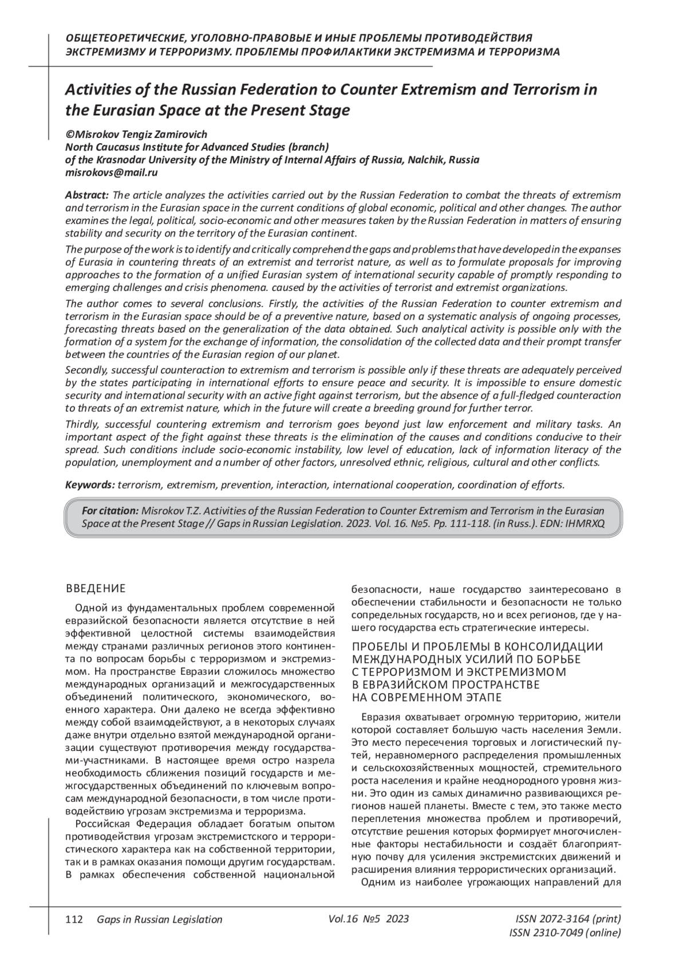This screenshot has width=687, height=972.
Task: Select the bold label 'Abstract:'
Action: click(87, 195)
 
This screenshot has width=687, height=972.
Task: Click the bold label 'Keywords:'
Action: click(90, 485)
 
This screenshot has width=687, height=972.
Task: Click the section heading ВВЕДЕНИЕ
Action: click(96, 588)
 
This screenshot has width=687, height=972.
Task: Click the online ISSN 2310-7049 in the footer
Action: click(564, 933)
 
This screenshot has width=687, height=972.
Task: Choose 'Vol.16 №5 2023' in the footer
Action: click(369, 919)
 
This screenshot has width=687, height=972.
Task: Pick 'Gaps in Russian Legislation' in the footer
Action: click(159, 919)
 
